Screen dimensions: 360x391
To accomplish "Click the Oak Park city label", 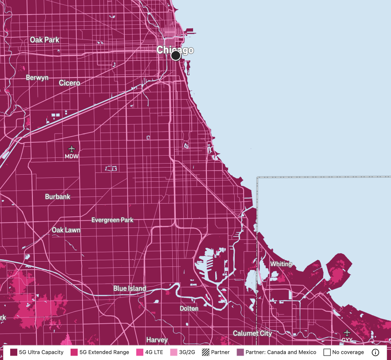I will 45,40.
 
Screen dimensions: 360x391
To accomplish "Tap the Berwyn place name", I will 37,78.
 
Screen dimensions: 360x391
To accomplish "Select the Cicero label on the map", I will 70,83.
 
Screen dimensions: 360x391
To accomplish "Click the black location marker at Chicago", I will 176,55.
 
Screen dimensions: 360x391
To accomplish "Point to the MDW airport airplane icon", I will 71,149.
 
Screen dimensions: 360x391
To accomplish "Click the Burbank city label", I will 58,196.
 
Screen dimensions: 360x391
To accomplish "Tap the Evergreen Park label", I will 112,220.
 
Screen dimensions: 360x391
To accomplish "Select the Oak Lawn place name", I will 66,230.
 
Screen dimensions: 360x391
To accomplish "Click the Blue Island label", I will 130,288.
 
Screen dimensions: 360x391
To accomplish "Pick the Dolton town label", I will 189,308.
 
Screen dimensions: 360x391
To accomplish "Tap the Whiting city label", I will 281,264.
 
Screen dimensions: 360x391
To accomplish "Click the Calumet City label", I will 252,333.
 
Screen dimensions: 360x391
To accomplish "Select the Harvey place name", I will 157,340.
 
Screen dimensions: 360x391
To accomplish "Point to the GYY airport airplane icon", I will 347,333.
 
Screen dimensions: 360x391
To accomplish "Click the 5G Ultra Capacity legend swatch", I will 13,352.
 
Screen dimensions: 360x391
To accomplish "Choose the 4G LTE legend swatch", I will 140,352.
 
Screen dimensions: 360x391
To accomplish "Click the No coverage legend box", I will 327,352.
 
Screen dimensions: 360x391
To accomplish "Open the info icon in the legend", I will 375,352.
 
